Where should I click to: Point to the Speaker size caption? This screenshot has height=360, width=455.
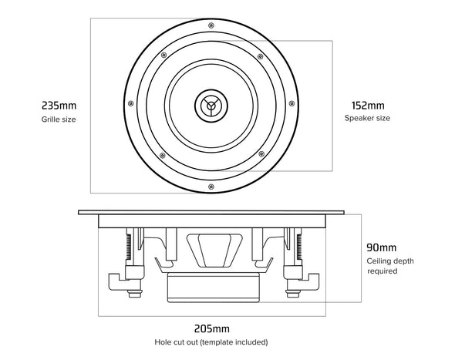[x=367, y=119]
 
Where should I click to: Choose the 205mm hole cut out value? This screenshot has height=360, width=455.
[x=212, y=327]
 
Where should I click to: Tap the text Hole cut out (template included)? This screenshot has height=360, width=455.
[x=212, y=341]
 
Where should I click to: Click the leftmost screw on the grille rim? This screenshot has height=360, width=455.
[x=133, y=103]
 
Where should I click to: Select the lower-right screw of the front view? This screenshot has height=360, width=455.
[x=261, y=153]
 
